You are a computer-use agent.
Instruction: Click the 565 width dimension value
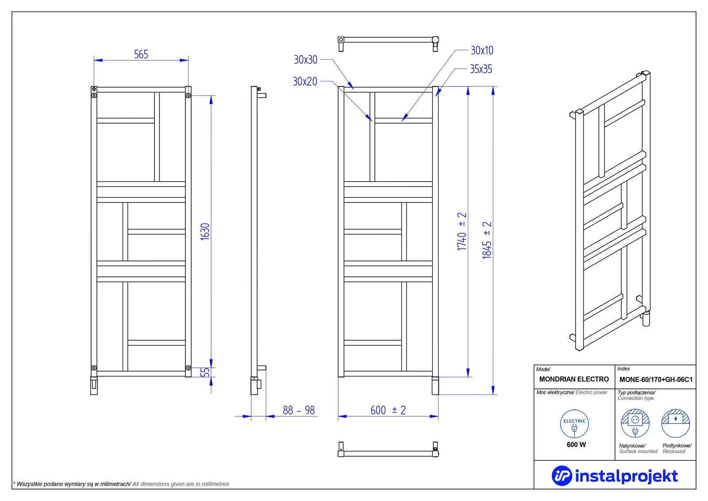[x=141, y=54]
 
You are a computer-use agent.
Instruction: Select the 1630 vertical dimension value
[x=205, y=232]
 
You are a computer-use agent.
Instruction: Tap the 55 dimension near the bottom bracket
[x=205, y=372]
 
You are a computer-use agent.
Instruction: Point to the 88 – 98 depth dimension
[x=299, y=410]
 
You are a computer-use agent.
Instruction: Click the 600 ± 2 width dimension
[x=388, y=410]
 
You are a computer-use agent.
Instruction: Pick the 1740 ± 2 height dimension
[x=462, y=231]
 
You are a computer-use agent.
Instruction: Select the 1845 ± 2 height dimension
[x=487, y=240]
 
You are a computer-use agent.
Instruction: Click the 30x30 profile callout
[x=305, y=59]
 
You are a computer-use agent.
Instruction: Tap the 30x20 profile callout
[x=305, y=82]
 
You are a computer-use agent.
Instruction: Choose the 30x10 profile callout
[x=482, y=50]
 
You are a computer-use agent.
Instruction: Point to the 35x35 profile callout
[x=481, y=69]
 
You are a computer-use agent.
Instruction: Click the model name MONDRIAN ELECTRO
[x=573, y=379]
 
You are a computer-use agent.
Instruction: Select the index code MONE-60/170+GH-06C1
[x=656, y=380]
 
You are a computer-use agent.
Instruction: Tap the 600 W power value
[x=576, y=445]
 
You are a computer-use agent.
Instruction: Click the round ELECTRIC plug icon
[x=574, y=424]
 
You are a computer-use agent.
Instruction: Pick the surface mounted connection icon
[x=635, y=423]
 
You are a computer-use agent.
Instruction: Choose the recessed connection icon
[x=675, y=423]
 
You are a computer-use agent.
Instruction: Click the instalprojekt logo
[x=615, y=476]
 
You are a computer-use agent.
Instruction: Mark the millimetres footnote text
[x=121, y=484]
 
